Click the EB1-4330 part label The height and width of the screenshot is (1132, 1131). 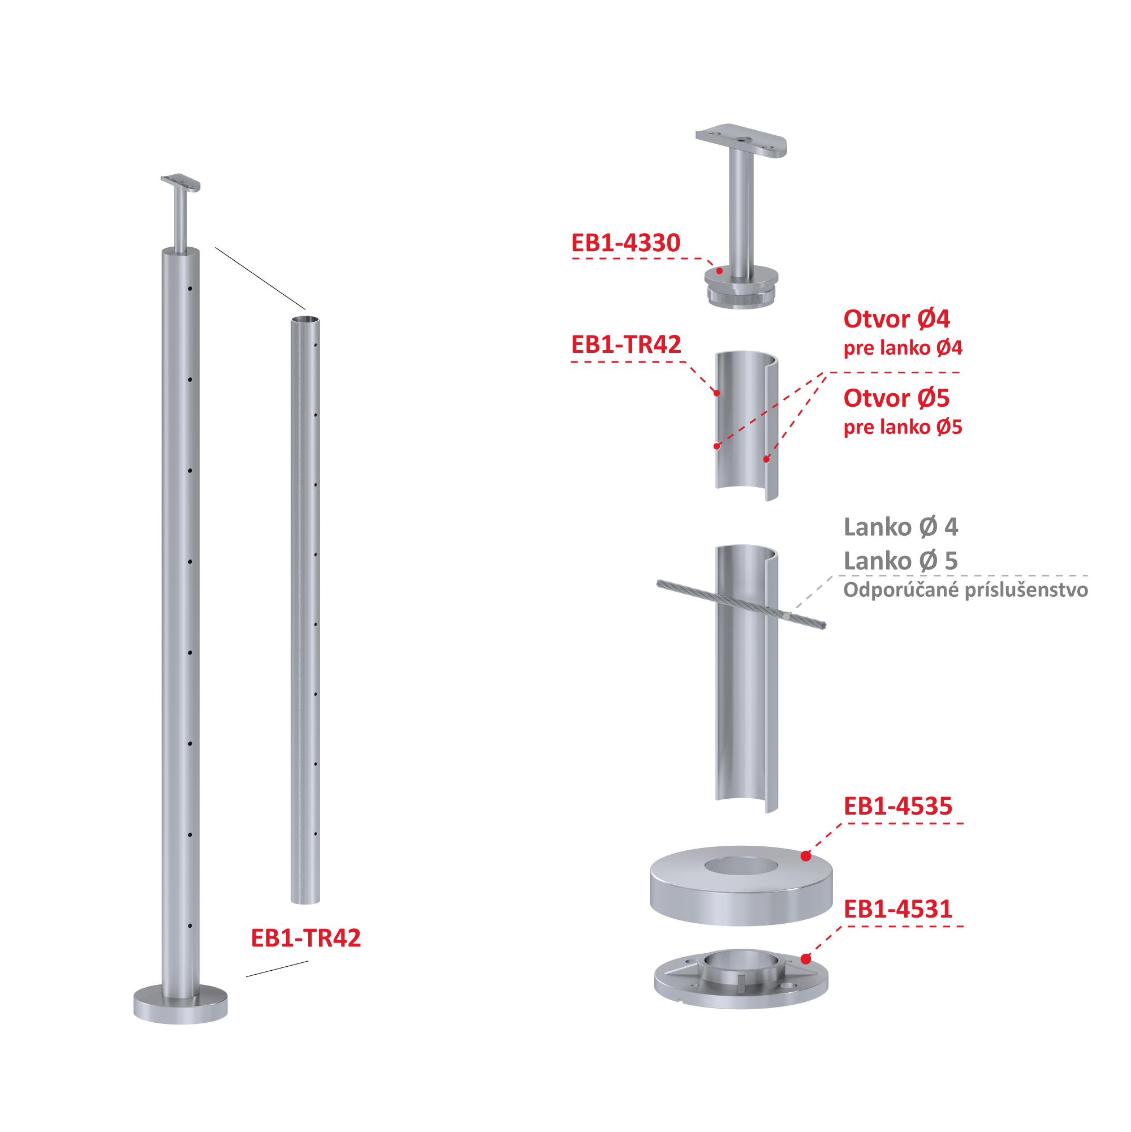[625, 243]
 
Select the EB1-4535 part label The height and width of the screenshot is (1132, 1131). [898, 806]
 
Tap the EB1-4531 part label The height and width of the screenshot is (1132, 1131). [898, 909]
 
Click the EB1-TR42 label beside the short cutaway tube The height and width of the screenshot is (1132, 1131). [626, 345]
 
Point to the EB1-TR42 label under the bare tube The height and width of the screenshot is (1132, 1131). [306, 938]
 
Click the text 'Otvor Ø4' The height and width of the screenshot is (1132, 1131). [896, 318]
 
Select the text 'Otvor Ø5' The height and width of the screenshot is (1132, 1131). [896, 398]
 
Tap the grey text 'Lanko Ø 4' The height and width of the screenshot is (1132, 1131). [901, 527]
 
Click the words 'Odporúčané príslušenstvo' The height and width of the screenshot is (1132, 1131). [966, 589]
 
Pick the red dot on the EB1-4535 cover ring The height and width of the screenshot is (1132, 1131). [806, 856]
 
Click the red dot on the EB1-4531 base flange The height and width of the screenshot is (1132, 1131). [806, 959]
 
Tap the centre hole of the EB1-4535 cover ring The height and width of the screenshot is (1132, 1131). [741, 866]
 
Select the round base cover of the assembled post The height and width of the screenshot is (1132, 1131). [180, 1004]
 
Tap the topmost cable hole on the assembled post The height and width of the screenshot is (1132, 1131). [191, 289]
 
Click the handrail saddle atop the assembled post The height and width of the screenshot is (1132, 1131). [181, 183]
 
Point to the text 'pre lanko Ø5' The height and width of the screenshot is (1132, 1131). [903, 427]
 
